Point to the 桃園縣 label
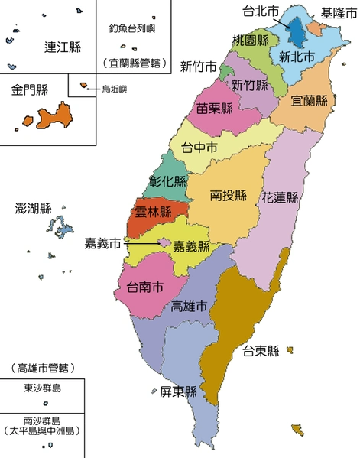tap(250, 40)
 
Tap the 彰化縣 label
tap(168, 182)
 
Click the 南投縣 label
tap(229, 195)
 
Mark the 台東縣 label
tap(260, 352)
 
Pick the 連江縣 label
tap(63, 47)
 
